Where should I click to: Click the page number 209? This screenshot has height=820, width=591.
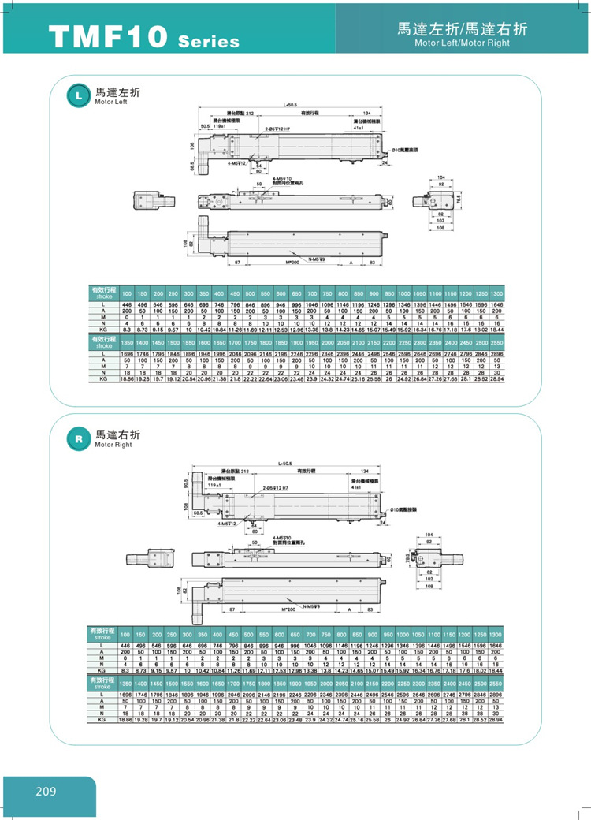coord(46,792)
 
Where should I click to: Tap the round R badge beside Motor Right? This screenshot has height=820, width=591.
coord(77,436)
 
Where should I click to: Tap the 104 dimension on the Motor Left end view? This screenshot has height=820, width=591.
coord(440,178)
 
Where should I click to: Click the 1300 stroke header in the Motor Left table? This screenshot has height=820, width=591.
coord(496,293)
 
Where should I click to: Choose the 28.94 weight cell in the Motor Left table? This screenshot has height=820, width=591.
coord(496,379)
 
